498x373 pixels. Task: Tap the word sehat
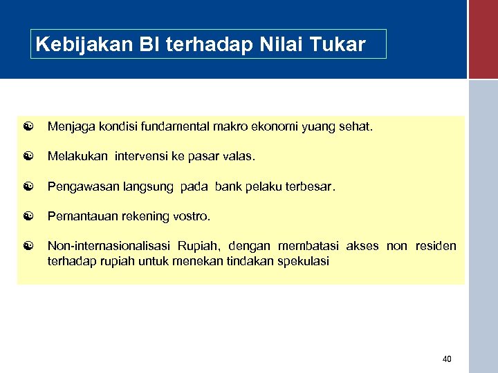[x=355, y=127]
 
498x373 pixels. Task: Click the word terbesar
[x=311, y=186]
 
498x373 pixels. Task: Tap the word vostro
[x=192, y=216]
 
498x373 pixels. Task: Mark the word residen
[x=436, y=246]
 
